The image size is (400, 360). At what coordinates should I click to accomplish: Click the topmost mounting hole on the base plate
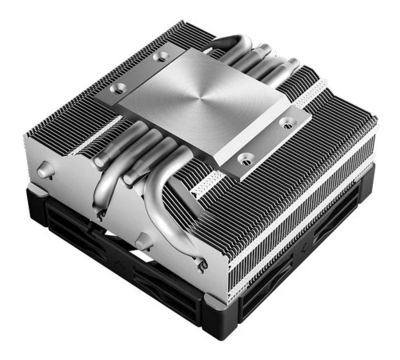pyautogui.click(x=162, y=56)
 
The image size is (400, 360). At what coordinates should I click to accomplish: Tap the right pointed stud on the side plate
pyautogui.click(x=142, y=238)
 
